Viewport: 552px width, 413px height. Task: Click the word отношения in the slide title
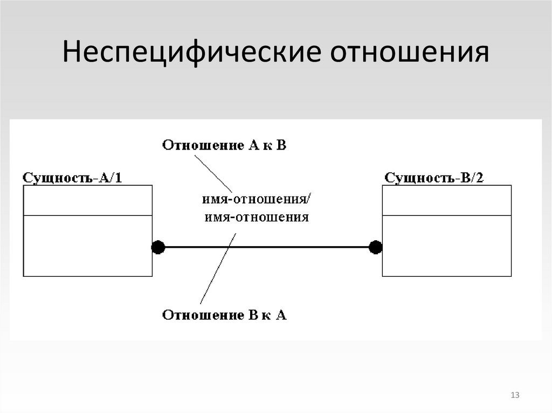click(409, 53)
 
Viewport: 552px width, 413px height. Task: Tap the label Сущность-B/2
click(434, 178)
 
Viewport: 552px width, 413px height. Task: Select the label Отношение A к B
click(224, 145)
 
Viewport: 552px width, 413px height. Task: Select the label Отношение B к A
click(224, 315)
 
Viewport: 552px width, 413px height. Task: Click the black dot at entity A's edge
click(158, 247)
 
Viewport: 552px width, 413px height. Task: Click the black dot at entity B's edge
click(376, 247)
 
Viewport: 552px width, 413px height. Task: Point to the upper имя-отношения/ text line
click(256, 200)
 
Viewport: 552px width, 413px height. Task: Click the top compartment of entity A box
click(87, 200)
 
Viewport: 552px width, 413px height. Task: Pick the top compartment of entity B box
click(447, 200)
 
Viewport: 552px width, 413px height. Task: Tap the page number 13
click(514, 396)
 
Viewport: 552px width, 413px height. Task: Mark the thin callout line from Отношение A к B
click(213, 172)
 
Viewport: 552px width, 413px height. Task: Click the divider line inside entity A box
click(87, 215)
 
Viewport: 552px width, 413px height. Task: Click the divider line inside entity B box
click(447, 215)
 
